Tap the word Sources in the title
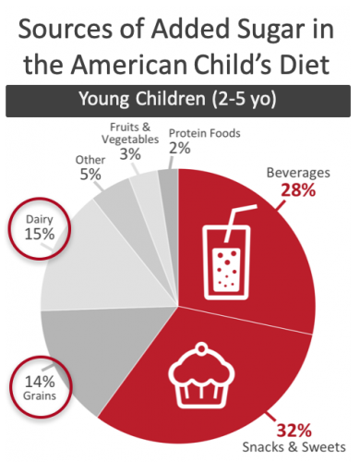(62, 30)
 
